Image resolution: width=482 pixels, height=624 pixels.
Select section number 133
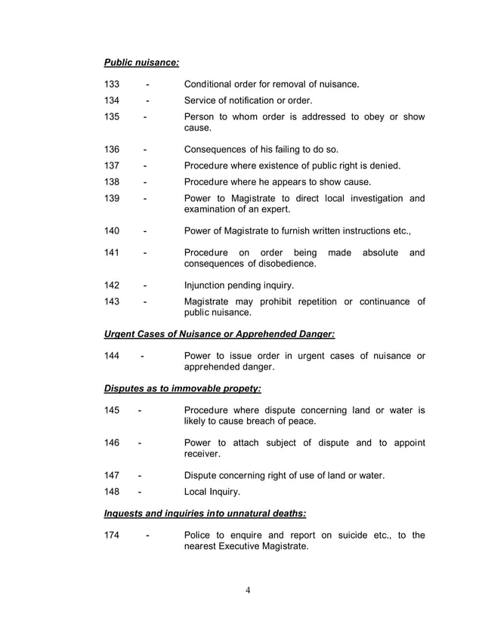pos(113,84)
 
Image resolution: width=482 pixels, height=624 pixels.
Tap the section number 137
pos(113,165)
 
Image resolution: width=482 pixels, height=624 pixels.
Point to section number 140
pos(113,230)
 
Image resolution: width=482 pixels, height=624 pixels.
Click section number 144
pos(113,356)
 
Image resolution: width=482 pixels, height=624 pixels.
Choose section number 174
pos(113,536)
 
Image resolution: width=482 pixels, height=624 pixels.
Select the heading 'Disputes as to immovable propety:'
pos(182,388)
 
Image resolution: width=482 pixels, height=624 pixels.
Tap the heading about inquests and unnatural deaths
pos(205,514)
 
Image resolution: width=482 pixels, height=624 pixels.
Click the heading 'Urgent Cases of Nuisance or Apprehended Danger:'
pos(219,334)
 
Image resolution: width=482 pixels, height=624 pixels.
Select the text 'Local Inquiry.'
pos(212,492)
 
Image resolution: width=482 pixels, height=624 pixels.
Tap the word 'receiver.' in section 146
pos(205,455)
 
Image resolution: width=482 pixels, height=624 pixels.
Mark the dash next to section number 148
pos(141,492)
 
